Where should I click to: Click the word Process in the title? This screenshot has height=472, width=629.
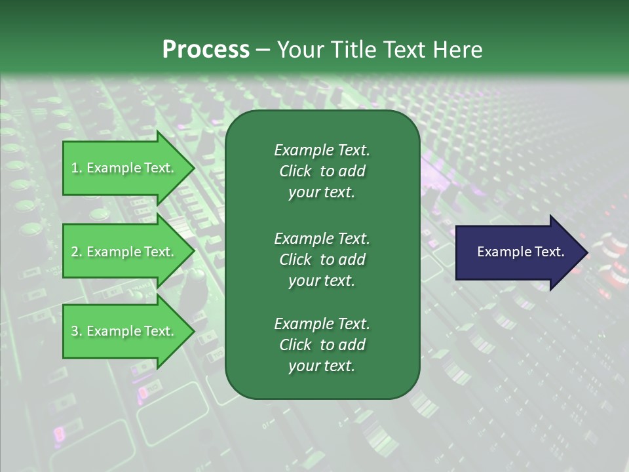(x=206, y=50)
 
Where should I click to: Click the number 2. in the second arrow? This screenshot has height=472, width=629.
(x=76, y=252)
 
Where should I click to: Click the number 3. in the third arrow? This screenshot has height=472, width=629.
(x=76, y=331)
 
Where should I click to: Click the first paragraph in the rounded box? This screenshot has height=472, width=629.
(x=322, y=171)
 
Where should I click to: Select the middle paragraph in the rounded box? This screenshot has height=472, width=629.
(x=322, y=259)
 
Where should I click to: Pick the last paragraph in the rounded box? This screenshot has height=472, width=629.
(x=322, y=345)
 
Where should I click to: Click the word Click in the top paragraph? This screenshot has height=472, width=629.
(x=295, y=171)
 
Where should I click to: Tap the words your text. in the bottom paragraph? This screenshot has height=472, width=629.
(x=322, y=366)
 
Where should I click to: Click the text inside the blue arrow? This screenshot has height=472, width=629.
(x=520, y=252)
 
